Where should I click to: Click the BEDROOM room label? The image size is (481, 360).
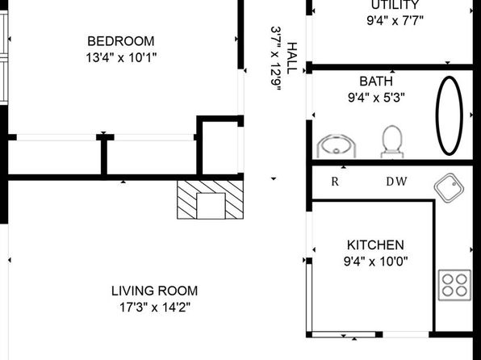(121, 41)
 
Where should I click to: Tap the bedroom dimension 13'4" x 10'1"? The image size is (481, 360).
(121, 57)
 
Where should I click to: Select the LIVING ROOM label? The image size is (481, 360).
(155, 291)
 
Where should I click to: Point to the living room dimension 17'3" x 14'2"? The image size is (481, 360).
(155, 307)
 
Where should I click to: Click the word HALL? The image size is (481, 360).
(292, 58)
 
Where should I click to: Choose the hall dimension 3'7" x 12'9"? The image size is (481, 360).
(276, 59)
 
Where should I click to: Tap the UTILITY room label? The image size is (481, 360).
(395, 5)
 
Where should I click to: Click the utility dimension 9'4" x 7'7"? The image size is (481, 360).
(395, 21)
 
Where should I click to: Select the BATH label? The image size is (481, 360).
(376, 82)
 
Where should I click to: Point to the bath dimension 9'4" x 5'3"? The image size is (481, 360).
(376, 98)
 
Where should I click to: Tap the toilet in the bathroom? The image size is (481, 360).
(392, 141)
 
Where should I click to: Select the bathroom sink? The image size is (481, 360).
(337, 146)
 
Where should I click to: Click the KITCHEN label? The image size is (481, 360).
(375, 245)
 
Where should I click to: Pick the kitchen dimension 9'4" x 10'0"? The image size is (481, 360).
(376, 262)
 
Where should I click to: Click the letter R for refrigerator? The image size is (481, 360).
(335, 182)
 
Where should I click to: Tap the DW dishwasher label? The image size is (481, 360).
(396, 182)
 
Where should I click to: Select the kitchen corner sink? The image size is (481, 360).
(449, 188)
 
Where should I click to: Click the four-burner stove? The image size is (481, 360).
(454, 285)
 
